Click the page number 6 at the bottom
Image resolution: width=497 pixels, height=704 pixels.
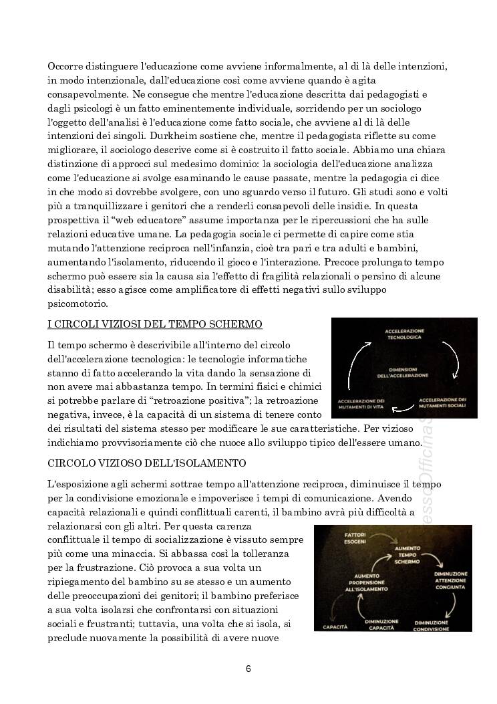tap(248, 669)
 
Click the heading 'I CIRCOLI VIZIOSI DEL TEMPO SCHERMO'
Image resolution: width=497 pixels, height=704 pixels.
tap(154, 325)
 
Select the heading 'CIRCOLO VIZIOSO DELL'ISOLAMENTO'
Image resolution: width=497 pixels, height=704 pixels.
tap(146, 463)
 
